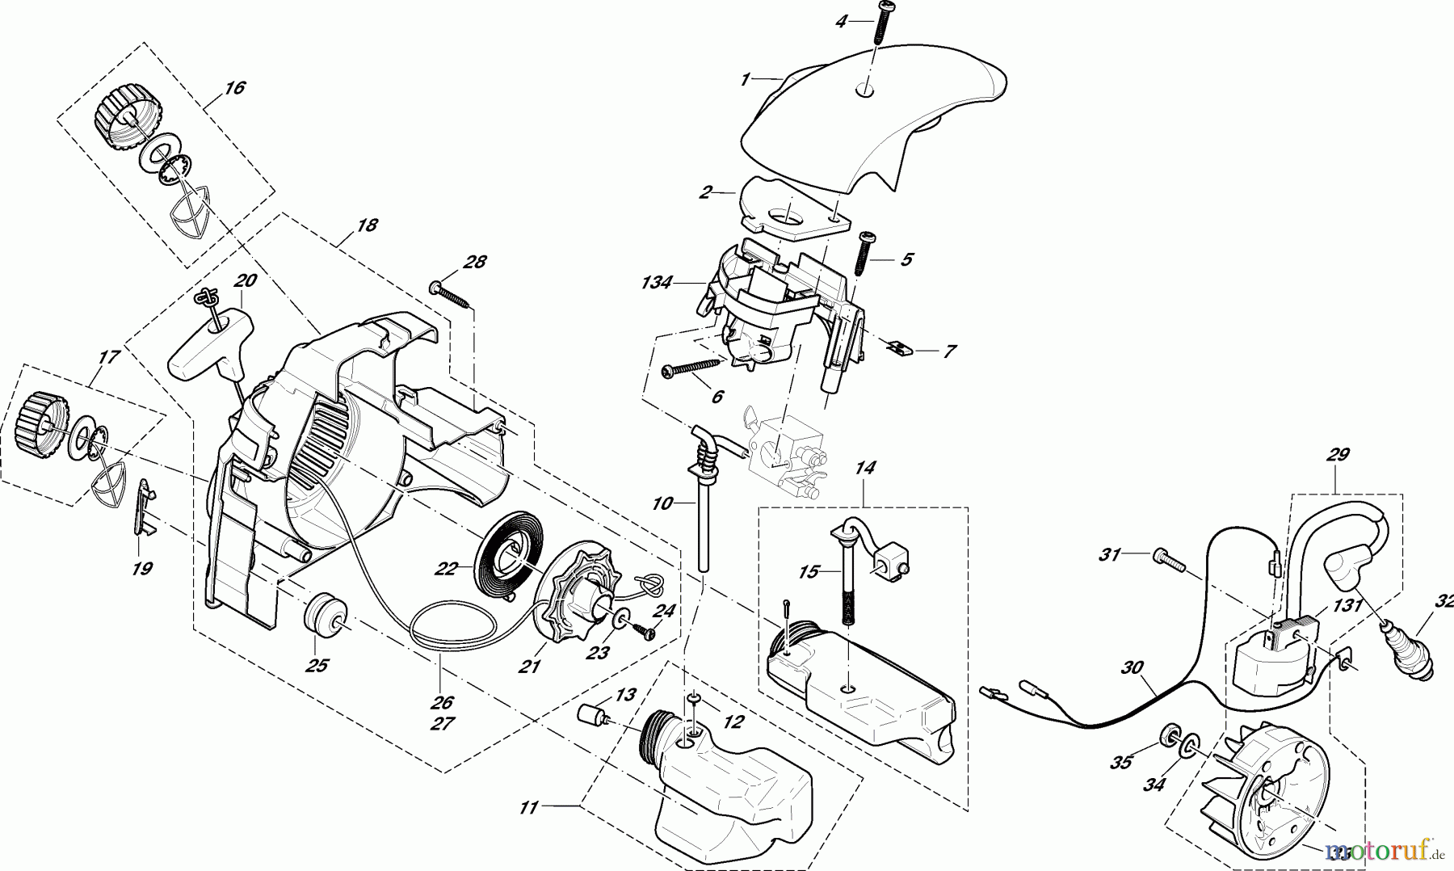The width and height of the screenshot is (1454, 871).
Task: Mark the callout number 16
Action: point(234,88)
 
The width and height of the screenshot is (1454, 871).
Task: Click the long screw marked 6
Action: point(689,368)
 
